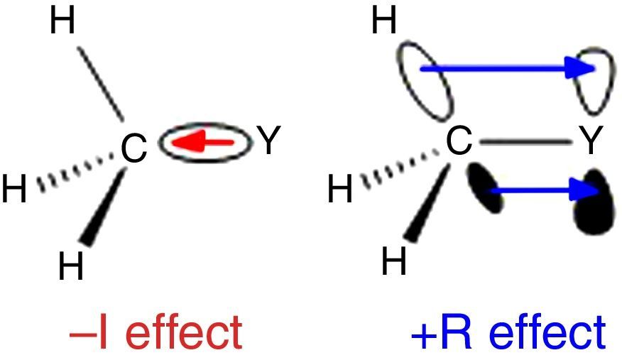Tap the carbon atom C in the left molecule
tap(133, 148)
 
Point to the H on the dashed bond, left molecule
tap(14, 191)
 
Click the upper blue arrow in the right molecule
tap(508, 68)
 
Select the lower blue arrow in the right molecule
tap(542, 190)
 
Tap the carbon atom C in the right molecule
tap(459, 142)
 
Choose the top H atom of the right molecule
tap(384, 22)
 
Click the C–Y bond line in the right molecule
tap(525, 143)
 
